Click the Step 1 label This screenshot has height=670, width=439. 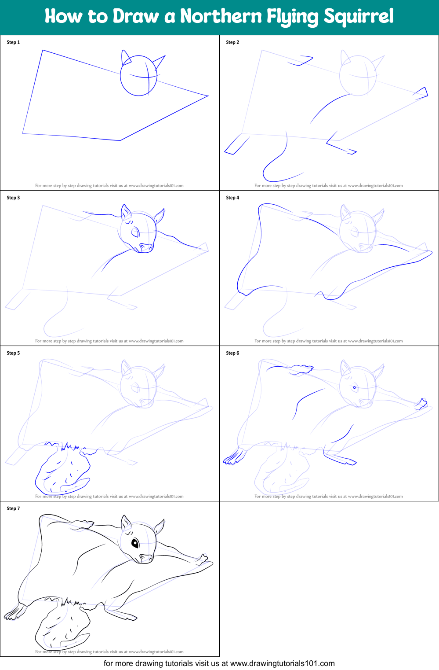(13, 42)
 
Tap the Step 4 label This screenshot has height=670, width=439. (232, 197)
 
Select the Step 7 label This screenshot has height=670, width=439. (13, 508)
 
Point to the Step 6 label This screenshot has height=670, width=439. (232, 353)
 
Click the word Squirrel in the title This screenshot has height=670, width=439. (359, 17)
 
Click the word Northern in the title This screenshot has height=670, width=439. (221, 16)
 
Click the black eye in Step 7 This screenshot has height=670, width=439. (135, 543)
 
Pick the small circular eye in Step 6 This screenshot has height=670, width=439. (355, 387)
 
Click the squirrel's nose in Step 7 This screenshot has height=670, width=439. (146, 558)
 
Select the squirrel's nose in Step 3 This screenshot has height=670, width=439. (146, 247)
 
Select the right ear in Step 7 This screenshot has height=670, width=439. (159, 527)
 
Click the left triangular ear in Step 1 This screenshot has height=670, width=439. (125, 57)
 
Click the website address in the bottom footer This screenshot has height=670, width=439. (282, 663)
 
